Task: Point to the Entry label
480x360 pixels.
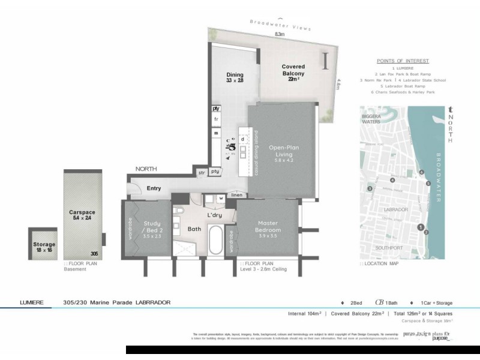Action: (x=154, y=188)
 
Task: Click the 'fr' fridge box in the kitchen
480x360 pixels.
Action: (x=216, y=119)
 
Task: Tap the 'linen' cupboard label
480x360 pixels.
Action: (x=236, y=195)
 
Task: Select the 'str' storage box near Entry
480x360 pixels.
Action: (x=202, y=173)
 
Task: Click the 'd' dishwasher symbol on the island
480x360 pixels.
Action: (x=243, y=139)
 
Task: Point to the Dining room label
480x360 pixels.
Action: (x=235, y=77)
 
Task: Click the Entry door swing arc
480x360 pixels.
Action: (x=134, y=188)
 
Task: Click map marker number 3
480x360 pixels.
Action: (x=370, y=188)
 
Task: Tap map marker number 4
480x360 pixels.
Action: (x=392, y=180)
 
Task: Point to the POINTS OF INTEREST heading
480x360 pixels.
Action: (x=403, y=61)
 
